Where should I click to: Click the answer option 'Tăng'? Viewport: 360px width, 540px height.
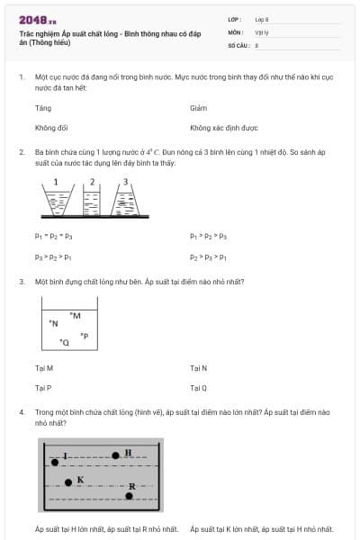(x=43, y=108)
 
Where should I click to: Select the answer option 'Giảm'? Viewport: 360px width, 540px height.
(x=199, y=108)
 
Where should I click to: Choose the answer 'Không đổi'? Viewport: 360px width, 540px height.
(x=51, y=128)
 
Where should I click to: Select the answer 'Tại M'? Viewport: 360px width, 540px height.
(x=44, y=368)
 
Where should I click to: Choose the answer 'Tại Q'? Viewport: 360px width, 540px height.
(x=199, y=388)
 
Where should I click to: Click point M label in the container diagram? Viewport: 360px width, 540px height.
(x=76, y=315)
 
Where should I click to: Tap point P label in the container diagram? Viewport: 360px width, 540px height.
(x=84, y=336)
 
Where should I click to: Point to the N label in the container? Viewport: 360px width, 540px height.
(x=54, y=322)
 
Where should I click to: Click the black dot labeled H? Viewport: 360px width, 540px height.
(x=116, y=455)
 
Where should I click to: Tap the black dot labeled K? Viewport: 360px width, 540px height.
(x=68, y=482)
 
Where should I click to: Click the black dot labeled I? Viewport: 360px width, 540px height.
(x=54, y=461)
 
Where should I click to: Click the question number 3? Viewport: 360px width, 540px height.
(x=22, y=282)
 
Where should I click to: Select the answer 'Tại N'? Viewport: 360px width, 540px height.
(x=199, y=368)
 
